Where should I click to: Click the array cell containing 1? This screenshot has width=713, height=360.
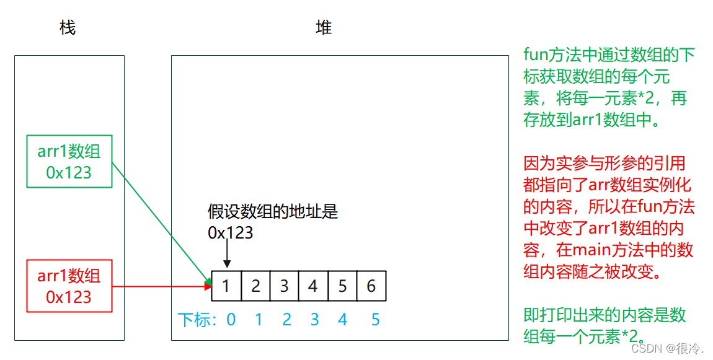(x=226, y=286)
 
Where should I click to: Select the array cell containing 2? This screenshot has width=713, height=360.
(x=255, y=286)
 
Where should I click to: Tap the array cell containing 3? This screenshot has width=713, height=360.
(x=284, y=286)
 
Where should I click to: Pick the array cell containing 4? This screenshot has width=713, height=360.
(x=313, y=286)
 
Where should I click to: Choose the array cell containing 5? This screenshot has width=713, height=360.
(x=342, y=286)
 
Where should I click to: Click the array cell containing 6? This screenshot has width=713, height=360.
(x=371, y=286)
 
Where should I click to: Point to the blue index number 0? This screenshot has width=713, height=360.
(x=231, y=320)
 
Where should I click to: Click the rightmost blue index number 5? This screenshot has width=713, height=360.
(x=375, y=320)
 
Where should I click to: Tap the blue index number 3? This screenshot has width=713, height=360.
(x=314, y=320)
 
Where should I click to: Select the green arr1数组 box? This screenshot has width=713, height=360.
(x=69, y=161)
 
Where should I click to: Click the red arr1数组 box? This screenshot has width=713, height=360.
(x=69, y=286)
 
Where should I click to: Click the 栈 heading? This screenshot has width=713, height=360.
(x=68, y=28)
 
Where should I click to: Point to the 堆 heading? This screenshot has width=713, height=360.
(x=324, y=28)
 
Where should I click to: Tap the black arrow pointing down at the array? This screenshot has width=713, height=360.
(x=228, y=255)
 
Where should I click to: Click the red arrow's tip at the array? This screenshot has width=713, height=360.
(x=209, y=286)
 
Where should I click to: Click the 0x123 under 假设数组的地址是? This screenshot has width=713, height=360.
(x=231, y=232)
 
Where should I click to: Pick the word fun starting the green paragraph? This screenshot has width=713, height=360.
(x=536, y=55)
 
